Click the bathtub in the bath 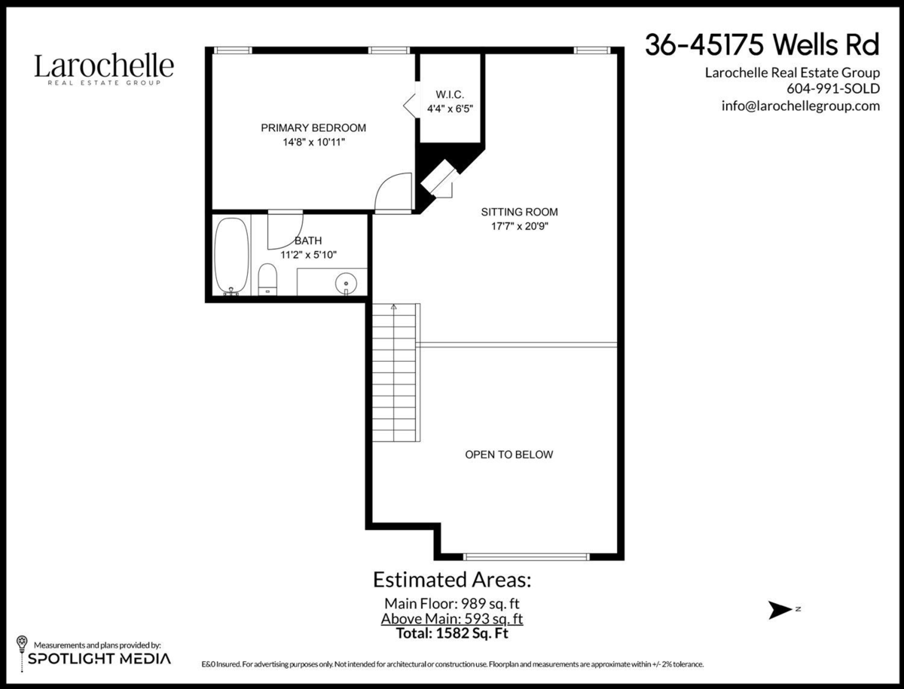click(x=232, y=256)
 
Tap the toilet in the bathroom click(x=267, y=279)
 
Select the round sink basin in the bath click(x=346, y=283)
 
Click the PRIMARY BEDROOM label click(x=313, y=127)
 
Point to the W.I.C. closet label click(x=450, y=95)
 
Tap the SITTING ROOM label click(x=519, y=212)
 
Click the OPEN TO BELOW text click(x=509, y=455)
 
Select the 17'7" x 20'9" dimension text click(x=520, y=226)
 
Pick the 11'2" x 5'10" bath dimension click(x=308, y=255)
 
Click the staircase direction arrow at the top click(x=394, y=307)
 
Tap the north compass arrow click(x=780, y=610)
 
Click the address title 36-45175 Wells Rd click(x=762, y=44)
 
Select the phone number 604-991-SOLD click(x=833, y=89)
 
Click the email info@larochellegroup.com click(x=801, y=106)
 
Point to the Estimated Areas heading click(x=452, y=580)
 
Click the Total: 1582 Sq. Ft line click(x=452, y=633)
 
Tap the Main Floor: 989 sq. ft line click(x=452, y=604)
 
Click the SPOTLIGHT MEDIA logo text click(x=99, y=659)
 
